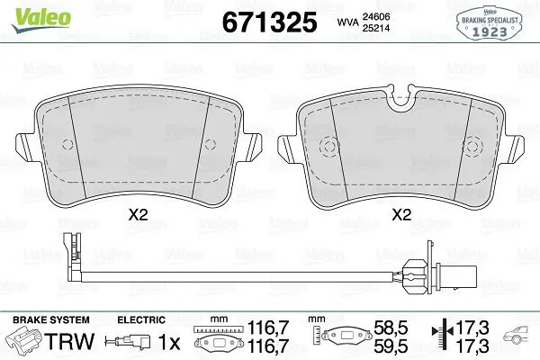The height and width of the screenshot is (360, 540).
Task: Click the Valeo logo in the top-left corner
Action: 41,20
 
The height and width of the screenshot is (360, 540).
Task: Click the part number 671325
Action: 269,22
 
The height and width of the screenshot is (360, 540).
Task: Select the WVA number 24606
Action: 375,16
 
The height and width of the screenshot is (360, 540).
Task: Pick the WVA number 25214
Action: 375,28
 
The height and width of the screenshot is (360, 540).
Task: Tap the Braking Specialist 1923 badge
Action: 490,22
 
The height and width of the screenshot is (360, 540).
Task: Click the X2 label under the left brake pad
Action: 138,215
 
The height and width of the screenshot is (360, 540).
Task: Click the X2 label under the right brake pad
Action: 401,215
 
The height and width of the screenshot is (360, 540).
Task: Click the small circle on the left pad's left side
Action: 67,145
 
